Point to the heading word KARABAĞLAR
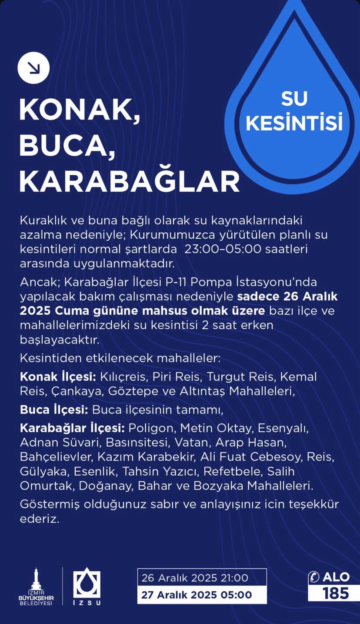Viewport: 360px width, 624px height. (129, 181)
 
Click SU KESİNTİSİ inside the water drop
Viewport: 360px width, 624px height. (294, 111)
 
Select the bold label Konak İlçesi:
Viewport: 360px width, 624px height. (58, 377)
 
